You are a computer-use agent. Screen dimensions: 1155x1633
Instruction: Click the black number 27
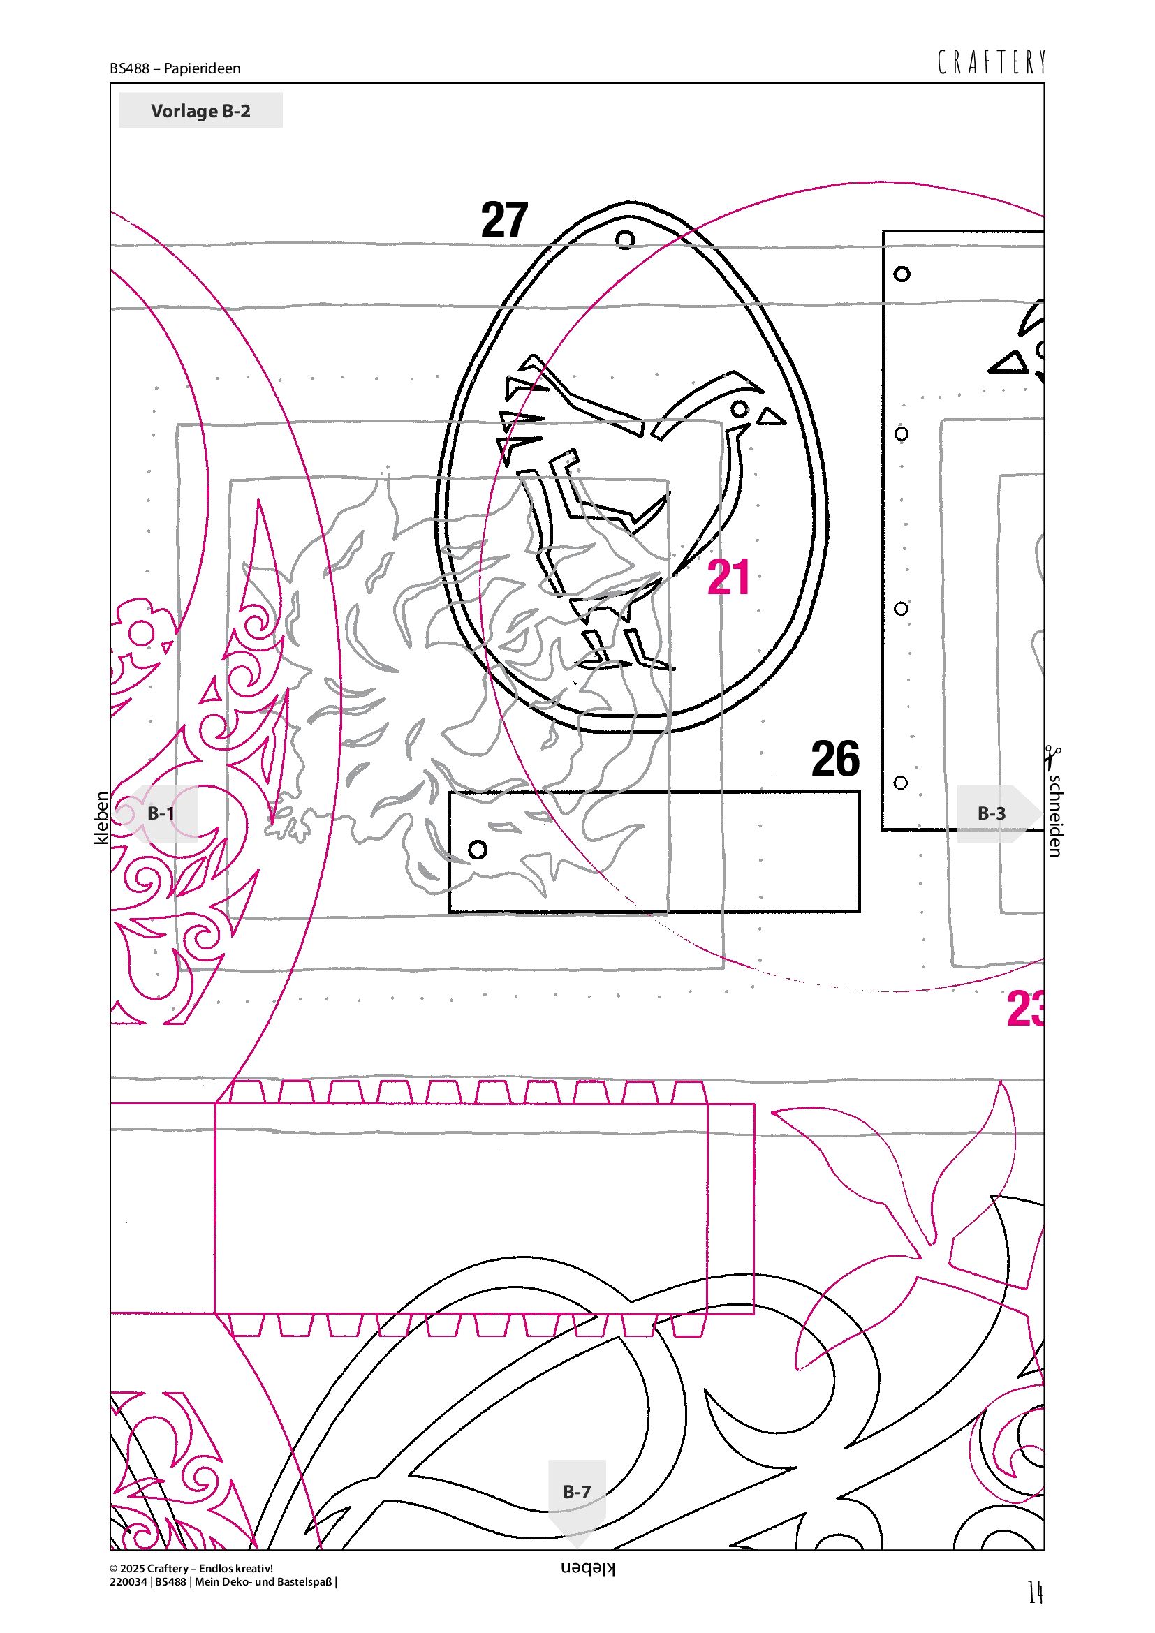tap(504, 220)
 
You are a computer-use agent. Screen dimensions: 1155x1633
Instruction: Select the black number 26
tap(836, 759)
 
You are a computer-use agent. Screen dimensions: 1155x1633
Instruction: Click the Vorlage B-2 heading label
tap(200, 111)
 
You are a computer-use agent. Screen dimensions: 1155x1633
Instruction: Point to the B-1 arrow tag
tap(160, 813)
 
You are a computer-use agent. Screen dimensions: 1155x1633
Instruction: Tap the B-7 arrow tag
tap(577, 1500)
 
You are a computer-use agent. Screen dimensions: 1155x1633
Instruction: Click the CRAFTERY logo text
tap(992, 63)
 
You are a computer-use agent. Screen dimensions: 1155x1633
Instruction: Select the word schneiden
tap(1054, 815)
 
